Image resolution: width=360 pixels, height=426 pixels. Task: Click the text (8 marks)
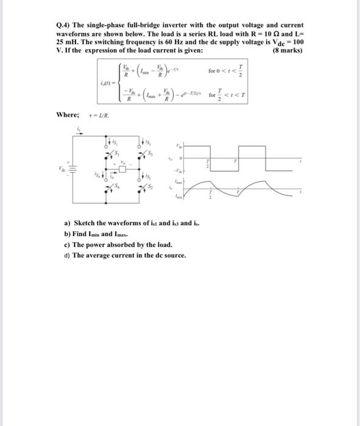(287, 51)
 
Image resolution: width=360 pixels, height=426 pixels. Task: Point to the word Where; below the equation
(68, 114)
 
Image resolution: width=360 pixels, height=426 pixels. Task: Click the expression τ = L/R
(100, 114)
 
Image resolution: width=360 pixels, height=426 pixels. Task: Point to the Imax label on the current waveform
(178, 181)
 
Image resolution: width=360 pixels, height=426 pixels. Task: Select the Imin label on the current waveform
(178, 197)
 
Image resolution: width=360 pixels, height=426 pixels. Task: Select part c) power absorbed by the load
(114, 245)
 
